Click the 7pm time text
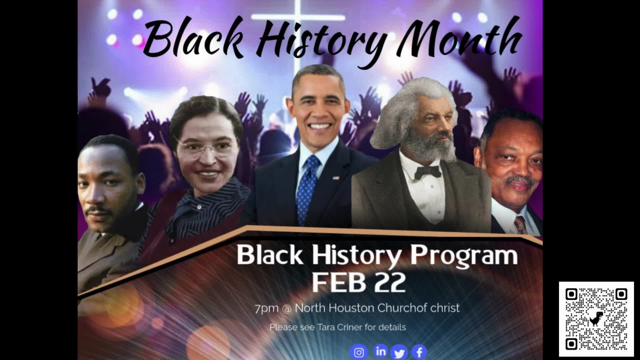coord(267,308)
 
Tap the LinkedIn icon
coord(381,351)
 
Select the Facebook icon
coord(419,352)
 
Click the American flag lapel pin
coord(336,178)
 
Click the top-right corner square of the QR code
coord(621,294)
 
